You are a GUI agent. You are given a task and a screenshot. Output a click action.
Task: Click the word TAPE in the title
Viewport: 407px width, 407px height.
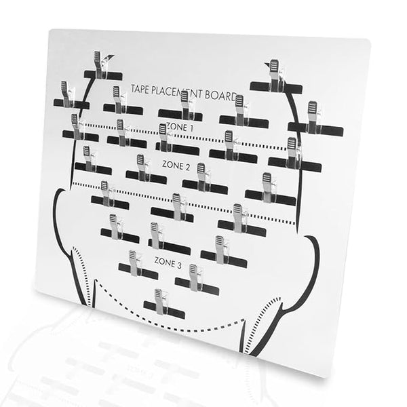[139, 90]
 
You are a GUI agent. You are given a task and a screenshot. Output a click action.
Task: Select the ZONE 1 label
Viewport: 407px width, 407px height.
[180, 128]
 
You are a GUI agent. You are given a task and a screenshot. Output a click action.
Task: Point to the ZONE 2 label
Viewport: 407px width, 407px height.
[176, 166]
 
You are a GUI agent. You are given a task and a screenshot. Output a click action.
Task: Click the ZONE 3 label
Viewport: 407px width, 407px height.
[168, 263]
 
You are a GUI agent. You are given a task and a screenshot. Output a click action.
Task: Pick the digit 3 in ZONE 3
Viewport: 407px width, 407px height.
[179, 265]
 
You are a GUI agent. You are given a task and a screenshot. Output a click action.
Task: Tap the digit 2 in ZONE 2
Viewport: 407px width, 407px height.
[187, 167]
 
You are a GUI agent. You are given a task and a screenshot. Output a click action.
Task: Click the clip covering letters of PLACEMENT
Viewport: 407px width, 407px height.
[187, 104]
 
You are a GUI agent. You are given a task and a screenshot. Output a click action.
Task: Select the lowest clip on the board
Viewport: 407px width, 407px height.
[161, 302]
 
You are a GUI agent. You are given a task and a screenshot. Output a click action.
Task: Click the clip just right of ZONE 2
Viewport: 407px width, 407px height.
[203, 177]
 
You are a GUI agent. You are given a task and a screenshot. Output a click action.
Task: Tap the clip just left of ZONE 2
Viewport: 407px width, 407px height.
[143, 168]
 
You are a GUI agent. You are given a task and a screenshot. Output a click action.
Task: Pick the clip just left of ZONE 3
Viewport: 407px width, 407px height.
[135, 263]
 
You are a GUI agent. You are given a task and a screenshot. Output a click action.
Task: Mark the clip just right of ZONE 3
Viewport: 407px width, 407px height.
[196, 277]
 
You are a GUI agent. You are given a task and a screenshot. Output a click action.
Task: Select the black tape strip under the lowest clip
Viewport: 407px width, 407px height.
[165, 311]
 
